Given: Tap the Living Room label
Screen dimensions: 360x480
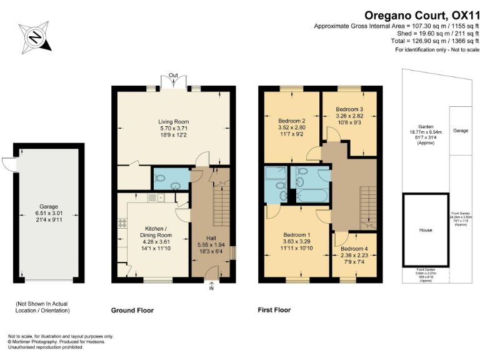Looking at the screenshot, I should tap(173, 122).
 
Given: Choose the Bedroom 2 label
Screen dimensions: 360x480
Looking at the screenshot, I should tap(291, 121).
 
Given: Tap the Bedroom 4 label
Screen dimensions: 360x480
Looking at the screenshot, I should tap(354, 247).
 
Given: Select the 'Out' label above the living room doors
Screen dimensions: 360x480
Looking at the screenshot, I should tap(173, 76).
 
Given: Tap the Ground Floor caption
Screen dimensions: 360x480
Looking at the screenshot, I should tap(132, 310).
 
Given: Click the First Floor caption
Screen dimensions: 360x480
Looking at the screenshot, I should tap(274, 310).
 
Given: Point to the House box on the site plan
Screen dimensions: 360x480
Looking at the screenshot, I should tap(425, 230).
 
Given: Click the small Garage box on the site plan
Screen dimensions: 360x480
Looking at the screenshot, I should tap(461, 131).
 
